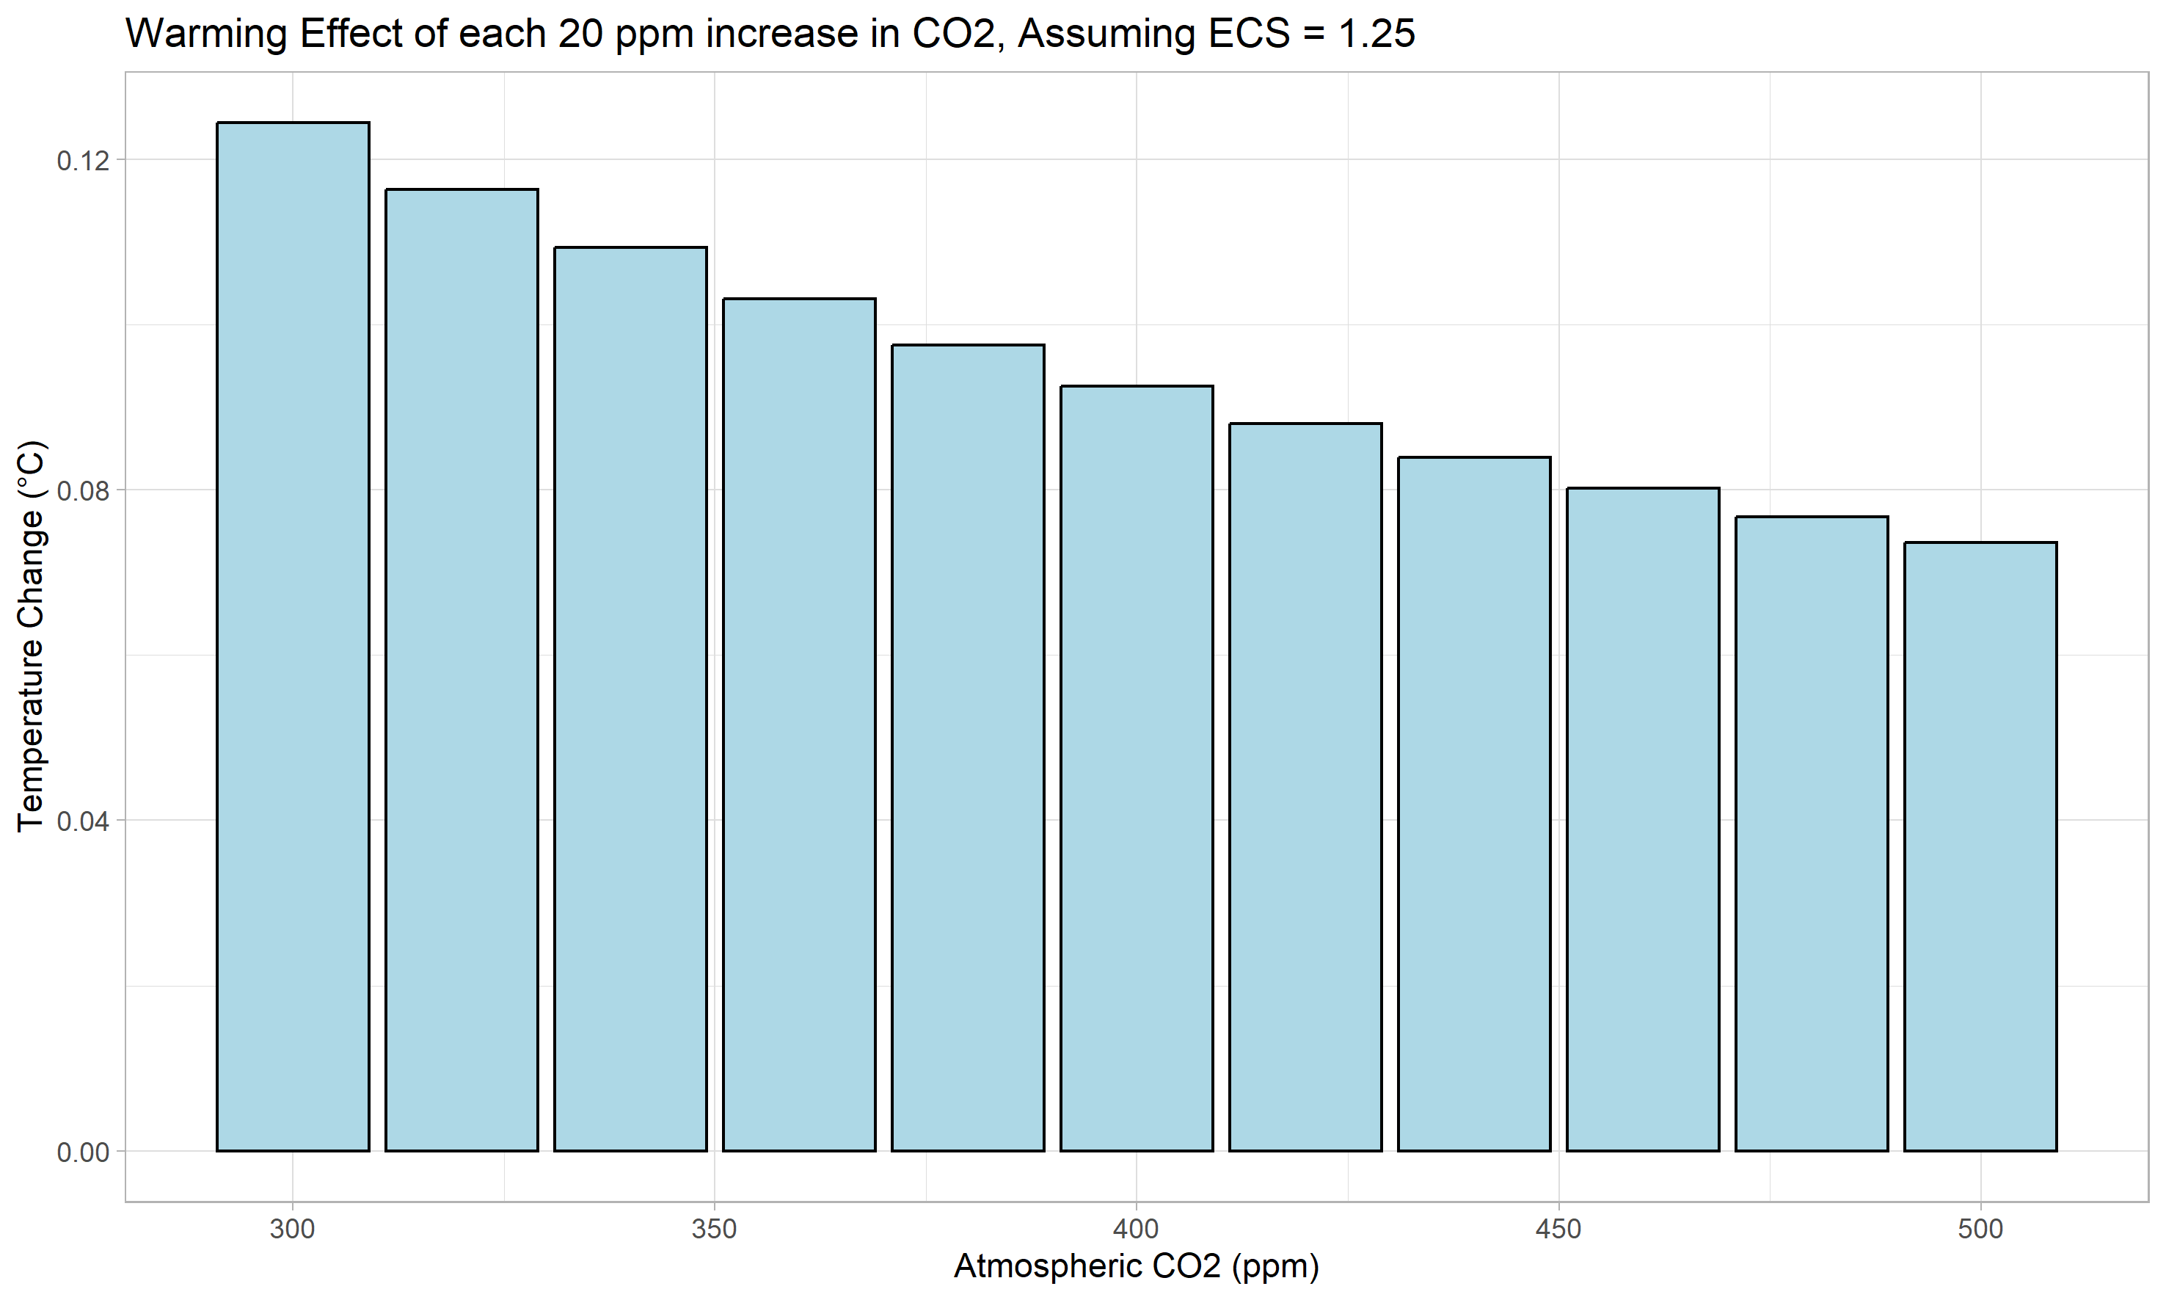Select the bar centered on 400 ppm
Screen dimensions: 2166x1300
(1137, 769)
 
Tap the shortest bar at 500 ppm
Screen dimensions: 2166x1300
(1980, 846)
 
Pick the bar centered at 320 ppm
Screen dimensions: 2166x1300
(462, 669)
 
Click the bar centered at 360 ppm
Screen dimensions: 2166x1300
(799, 725)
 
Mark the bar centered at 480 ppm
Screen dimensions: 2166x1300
(1812, 833)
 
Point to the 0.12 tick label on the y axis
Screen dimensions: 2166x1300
(84, 160)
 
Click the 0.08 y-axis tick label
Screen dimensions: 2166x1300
(84, 490)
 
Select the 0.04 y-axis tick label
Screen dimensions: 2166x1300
(84, 821)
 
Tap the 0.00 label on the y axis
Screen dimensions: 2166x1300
(84, 1152)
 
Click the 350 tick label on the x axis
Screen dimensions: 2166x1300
(715, 1229)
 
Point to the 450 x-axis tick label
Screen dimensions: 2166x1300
(1559, 1229)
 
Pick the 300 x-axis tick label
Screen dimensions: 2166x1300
(293, 1229)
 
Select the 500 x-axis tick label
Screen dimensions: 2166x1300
(1980, 1229)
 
